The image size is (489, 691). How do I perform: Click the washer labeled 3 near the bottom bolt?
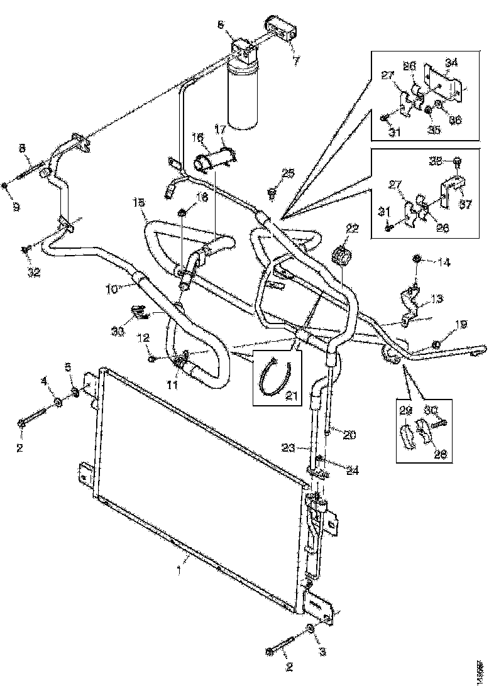(310, 630)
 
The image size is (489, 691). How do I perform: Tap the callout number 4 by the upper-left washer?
(43, 381)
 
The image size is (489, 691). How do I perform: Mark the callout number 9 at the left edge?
(16, 205)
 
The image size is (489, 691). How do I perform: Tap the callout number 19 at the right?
(461, 324)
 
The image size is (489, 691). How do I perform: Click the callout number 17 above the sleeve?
(221, 130)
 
